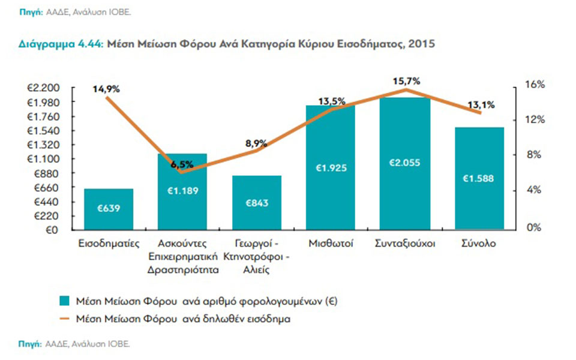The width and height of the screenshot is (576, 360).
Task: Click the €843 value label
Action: click(x=256, y=202)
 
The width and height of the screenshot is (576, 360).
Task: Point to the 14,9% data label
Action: click(x=106, y=89)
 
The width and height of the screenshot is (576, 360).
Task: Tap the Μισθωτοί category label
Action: click(x=331, y=244)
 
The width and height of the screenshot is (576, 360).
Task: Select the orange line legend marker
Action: click(x=64, y=319)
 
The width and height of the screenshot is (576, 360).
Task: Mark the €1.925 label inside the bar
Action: click(x=331, y=168)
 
